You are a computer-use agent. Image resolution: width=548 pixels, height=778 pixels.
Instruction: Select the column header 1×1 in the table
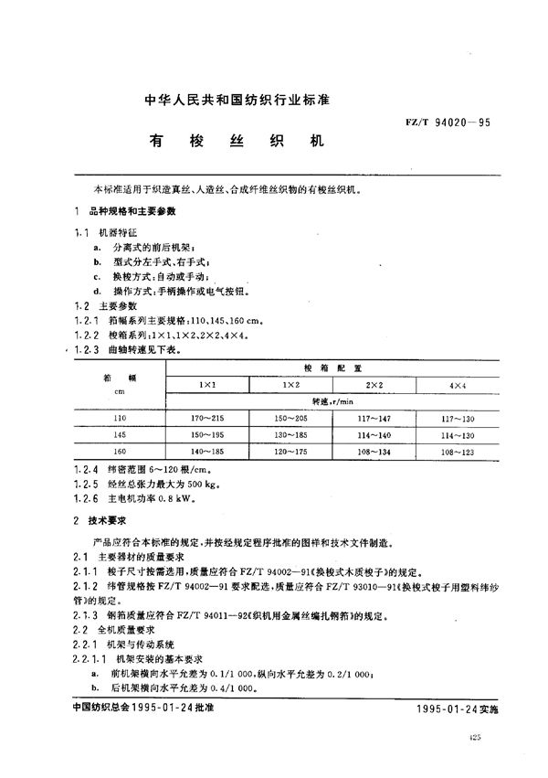coord(207,384)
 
